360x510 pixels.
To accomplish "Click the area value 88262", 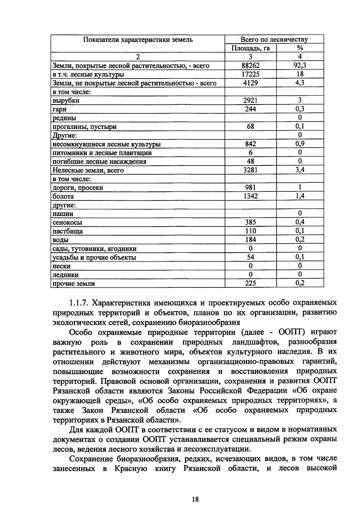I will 250,66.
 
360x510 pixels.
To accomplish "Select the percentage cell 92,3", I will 300,65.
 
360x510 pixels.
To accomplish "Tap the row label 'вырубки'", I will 66,101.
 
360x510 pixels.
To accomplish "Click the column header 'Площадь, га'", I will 250,48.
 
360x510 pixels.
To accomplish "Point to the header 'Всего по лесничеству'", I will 274,40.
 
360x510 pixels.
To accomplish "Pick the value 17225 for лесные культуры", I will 250,74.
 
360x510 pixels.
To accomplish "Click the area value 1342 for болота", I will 250,196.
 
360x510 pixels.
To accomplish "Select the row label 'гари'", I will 60,109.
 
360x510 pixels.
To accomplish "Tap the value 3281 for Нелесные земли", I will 250,170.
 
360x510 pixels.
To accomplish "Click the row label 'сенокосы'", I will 67,223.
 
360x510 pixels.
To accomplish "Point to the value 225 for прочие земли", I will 250,283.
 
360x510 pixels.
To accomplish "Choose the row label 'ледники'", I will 65,275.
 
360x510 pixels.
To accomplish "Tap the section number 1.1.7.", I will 78,303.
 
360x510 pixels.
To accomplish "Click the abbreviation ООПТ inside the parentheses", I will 292,332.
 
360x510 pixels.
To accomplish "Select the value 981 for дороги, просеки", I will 250,187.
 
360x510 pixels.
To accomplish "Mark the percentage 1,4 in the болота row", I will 300,196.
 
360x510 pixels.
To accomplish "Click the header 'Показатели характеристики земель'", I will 138,40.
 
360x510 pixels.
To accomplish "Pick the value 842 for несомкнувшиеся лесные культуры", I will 250,144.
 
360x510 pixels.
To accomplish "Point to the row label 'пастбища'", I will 68,231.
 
